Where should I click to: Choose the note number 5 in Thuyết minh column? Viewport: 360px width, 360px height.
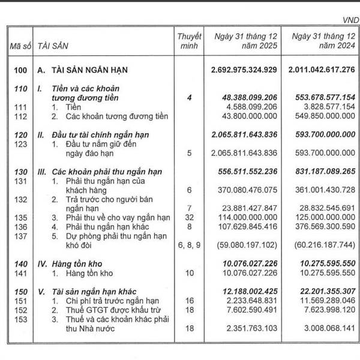[x=190, y=153]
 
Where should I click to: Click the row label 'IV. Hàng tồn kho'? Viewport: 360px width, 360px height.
[x=66, y=265]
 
